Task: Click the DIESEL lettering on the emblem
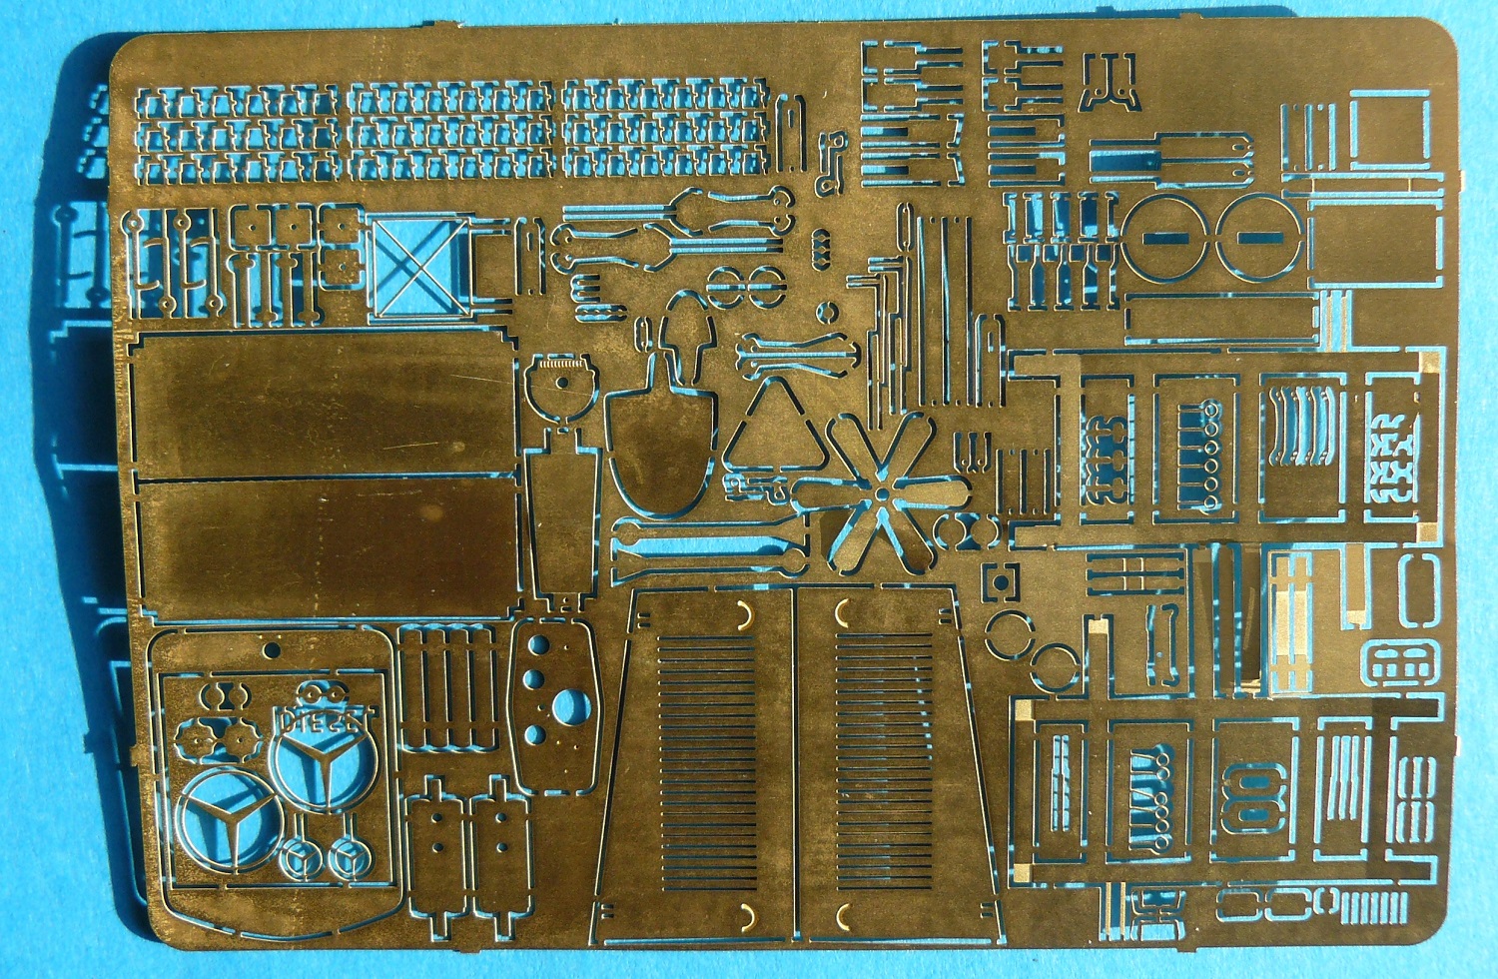(x=312, y=718)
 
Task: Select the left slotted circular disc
(x=1165, y=237)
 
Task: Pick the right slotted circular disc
(x=1258, y=237)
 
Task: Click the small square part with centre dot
(x=998, y=581)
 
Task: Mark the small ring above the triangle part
(x=826, y=312)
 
